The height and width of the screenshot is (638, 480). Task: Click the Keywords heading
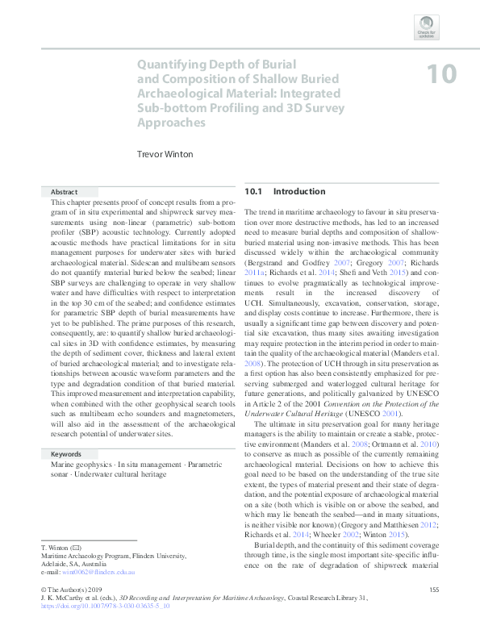coord(66,455)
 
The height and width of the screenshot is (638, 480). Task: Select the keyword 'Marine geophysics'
coord(77,465)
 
